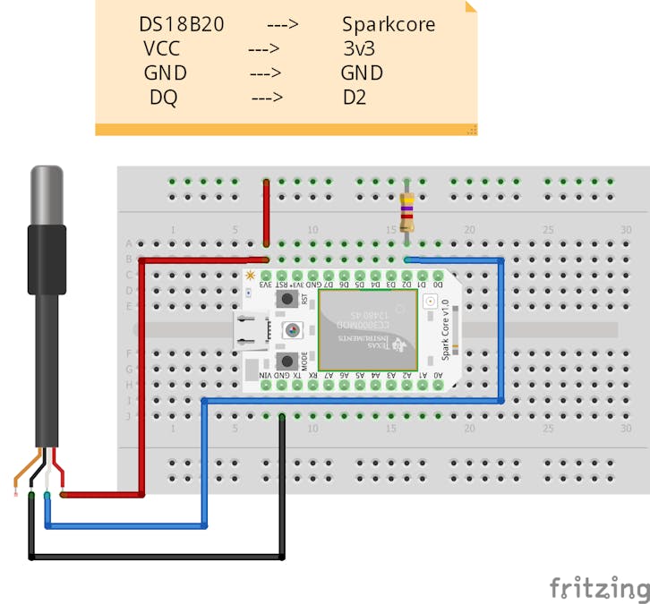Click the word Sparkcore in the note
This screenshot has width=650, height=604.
(388, 24)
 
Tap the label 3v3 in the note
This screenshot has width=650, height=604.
(358, 48)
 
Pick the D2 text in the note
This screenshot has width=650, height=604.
(355, 98)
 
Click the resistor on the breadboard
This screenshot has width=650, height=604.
(407, 213)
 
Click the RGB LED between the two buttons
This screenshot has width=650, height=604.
(293, 331)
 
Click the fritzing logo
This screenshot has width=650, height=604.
(599, 588)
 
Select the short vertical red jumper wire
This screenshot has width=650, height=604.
(266, 211)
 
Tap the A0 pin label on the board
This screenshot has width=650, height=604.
(438, 376)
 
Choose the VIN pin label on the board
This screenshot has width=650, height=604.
(266, 376)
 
